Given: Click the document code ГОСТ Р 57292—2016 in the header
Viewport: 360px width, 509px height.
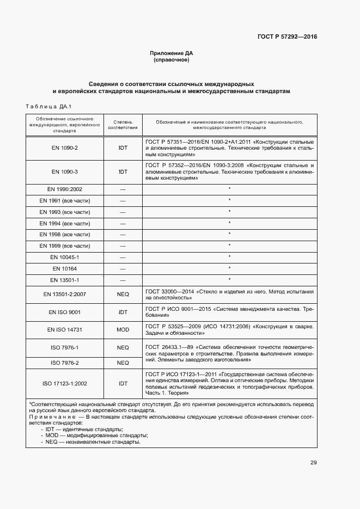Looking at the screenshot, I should pyautogui.click(x=287, y=37).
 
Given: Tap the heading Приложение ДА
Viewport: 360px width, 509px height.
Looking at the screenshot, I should pyautogui.click(x=172, y=53).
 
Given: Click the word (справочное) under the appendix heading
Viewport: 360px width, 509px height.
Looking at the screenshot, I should pyautogui.click(x=172, y=60).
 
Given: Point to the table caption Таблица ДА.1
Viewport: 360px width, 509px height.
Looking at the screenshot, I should pyautogui.click(x=49, y=106).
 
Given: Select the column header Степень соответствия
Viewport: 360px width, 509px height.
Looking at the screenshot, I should pyautogui.click(x=123, y=125).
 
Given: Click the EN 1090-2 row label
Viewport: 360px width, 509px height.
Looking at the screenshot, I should pyautogui.click(x=65, y=148).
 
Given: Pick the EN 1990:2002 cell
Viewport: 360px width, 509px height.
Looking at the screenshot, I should pyautogui.click(x=65, y=189).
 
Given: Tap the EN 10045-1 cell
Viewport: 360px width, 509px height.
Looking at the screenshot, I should pyautogui.click(x=65, y=257).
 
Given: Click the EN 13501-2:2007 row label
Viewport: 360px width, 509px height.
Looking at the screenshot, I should pyautogui.click(x=65, y=295).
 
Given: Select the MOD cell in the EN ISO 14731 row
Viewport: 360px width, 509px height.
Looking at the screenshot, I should pyautogui.click(x=123, y=330).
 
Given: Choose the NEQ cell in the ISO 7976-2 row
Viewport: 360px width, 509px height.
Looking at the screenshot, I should pyautogui.click(x=123, y=363).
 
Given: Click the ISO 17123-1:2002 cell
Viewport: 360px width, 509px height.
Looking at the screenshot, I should pyautogui.click(x=65, y=383).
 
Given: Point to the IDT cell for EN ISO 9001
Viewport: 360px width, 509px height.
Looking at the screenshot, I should pyautogui.click(x=123, y=312).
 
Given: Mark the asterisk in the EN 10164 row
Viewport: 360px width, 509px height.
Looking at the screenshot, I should pyautogui.click(x=229, y=268).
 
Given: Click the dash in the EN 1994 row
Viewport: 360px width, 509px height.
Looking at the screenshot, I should pyautogui.click(x=123, y=223).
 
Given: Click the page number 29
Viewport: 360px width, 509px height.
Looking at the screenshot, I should pyautogui.click(x=313, y=463).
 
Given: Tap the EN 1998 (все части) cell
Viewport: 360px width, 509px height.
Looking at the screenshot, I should pyautogui.click(x=65, y=234).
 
